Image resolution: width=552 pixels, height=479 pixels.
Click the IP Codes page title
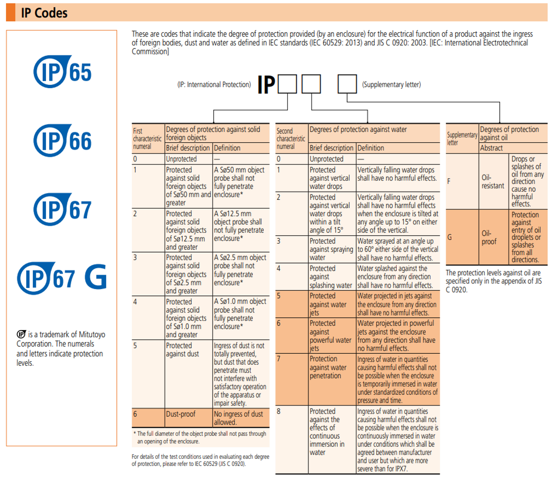tap(44, 13)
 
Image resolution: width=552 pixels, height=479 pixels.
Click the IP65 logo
tap(62, 71)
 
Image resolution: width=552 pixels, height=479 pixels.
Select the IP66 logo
tap(62, 141)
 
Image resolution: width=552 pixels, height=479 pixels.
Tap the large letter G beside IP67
tap(96, 277)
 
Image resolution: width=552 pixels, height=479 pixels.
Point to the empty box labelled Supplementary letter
tap(347, 84)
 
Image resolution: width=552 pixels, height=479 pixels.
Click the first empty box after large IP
tap(287, 84)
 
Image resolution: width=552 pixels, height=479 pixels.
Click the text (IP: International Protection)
tap(214, 85)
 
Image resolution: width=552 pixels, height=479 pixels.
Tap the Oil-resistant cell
tap(493, 182)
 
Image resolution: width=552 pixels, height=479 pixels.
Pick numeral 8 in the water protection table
tap(278, 411)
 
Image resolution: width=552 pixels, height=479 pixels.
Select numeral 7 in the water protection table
tap(278, 359)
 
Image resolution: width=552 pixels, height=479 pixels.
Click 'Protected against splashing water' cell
tap(331, 277)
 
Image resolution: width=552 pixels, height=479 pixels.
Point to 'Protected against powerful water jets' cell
tap(331, 335)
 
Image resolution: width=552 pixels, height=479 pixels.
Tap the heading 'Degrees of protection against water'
tap(358, 129)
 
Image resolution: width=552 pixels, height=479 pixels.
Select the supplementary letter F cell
tap(449, 181)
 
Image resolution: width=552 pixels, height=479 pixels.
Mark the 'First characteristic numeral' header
tap(147, 139)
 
